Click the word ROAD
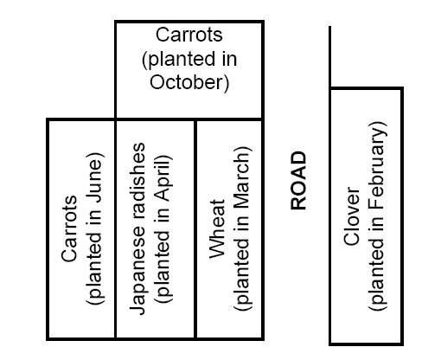pyautogui.click(x=298, y=181)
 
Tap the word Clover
pyautogui.click(x=351, y=216)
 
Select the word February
pyautogui.click(x=377, y=165)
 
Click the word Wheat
pyautogui.click(x=217, y=228)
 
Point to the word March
pyautogui.click(x=241, y=179)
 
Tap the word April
pyautogui.click(x=163, y=179)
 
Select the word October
pyautogui.click(x=189, y=82)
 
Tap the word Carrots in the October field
pyautogui.click(x=189, y=35)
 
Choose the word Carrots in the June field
pyautogui.click(x=69, y=228)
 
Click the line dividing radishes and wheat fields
pyautogui.click(x=195, y=229)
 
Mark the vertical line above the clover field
pyautogui.click(x=329, y=56)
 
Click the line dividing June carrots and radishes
pyautogui.click(x=115, y=229)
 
